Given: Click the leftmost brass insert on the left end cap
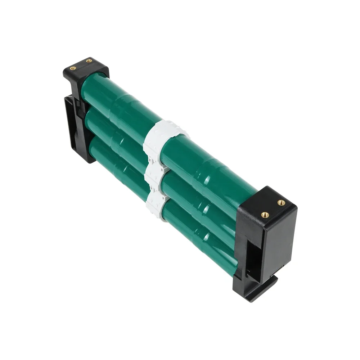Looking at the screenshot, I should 73,68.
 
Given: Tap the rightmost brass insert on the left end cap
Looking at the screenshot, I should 89,61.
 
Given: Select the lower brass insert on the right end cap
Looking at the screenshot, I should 265,215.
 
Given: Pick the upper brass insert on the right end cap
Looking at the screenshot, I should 281,203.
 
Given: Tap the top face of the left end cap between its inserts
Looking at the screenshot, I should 81,65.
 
